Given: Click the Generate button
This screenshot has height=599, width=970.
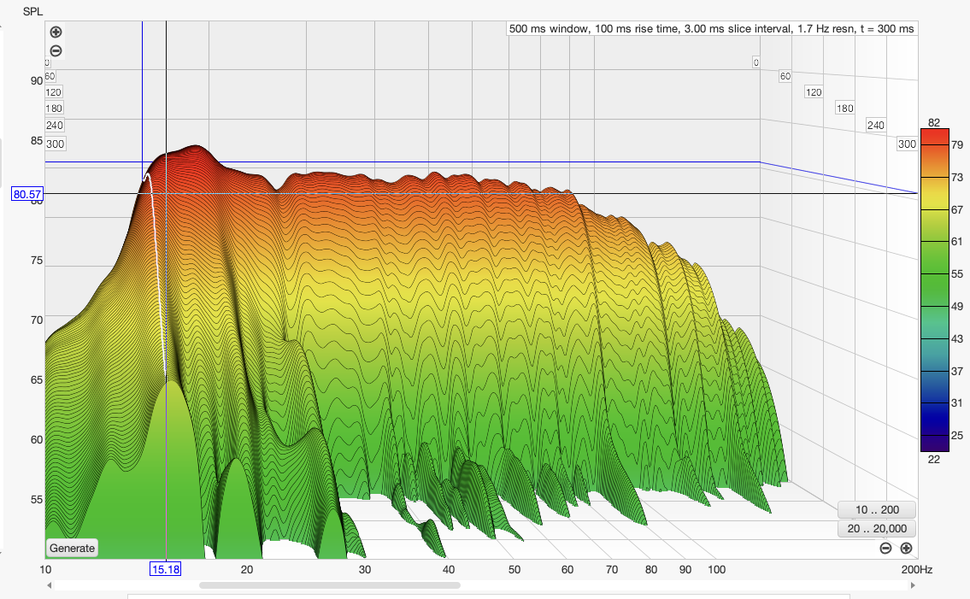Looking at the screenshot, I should pyautogui.click(x=72, y=548).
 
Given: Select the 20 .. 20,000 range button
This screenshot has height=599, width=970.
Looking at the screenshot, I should pyautogui.click(x=878, y=529).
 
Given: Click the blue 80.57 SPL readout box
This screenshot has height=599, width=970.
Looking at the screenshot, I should pyautogui.click(x=27, y=194).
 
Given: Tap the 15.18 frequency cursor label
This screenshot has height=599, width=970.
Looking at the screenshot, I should pyautogui.click(x=165, y=569).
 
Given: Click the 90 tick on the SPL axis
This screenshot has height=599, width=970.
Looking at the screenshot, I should pyautogui.click(x=37, y=80).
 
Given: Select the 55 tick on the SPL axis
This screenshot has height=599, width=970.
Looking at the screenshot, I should pyautogui.click(x=37, y=499).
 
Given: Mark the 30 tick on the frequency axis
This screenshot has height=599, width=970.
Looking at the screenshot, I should pyautogui.click(x=365, y=569).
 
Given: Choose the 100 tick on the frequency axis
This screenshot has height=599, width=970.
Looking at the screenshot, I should pyautogui.click(x=716, y=569).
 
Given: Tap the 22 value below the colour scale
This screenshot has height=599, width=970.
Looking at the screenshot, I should pyautogui.click(x=934, y=459).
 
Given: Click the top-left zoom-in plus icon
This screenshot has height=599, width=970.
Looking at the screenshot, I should pyautogui.click(x=56, y=32).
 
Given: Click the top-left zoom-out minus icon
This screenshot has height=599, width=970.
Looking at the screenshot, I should pyautogui.click(x=56, y=50).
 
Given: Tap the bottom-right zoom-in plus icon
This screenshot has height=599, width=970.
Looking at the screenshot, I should pyautogui.click(x=906, y=548).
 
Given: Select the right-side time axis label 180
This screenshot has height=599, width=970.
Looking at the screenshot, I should pyautogui.click(x=845, y=109).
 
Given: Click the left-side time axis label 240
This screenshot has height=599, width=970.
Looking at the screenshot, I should pyautogui.click(x=55, y=126).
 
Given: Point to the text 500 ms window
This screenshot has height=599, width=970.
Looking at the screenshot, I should pyautogui.click(x=547, y=28).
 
